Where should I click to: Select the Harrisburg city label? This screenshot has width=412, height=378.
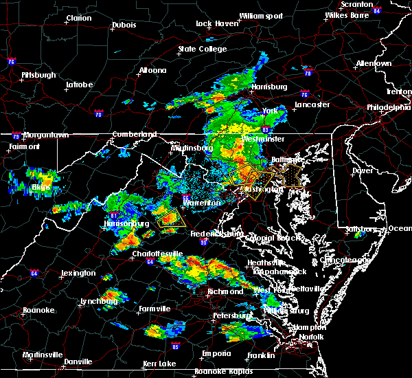pos(268,87)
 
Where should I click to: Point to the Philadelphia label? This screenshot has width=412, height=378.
pos(389,107)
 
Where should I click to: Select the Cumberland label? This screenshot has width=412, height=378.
pos(135,134)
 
